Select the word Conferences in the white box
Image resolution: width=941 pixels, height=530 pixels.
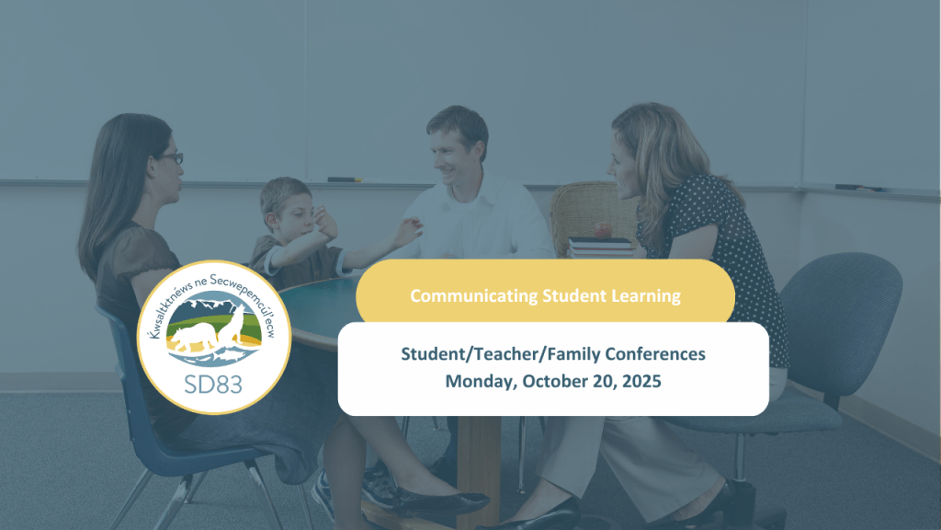tap(654, 354)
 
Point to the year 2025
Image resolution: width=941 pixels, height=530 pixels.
tap(641, 381)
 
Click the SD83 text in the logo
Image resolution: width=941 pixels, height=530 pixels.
tap(213, 384)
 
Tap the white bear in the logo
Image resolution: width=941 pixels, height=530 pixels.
tap(193, 337)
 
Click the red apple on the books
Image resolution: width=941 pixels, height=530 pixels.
tap(603, 229)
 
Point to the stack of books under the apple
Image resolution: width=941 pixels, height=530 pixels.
tap(600, 247)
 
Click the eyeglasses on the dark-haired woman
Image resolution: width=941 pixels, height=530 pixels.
tap(170, 158)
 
